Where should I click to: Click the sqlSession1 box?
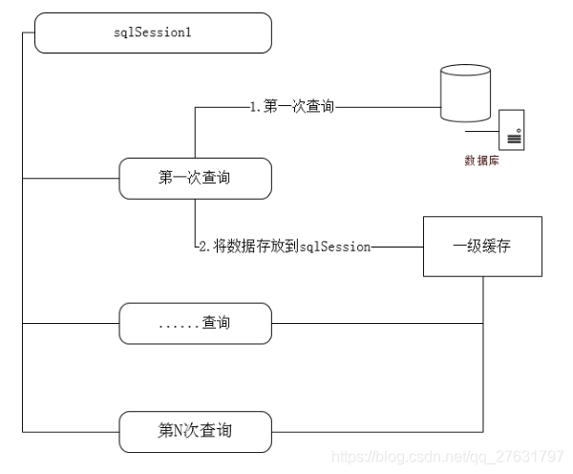(153, 33)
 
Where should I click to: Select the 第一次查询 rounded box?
(195, 178)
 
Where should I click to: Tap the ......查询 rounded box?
(195, 323)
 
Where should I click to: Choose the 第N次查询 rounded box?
(195, 431)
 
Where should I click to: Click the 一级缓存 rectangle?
(482, 247)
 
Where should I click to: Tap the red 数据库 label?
(481, 161)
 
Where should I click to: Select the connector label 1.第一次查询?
(292, 107)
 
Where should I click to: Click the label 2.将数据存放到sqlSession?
(284, 247)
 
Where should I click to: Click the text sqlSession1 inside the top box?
(153, 33)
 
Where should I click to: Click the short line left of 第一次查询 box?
(70, 178)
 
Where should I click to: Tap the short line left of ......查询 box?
(70, 323)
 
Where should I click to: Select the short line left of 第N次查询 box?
(70, 431)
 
